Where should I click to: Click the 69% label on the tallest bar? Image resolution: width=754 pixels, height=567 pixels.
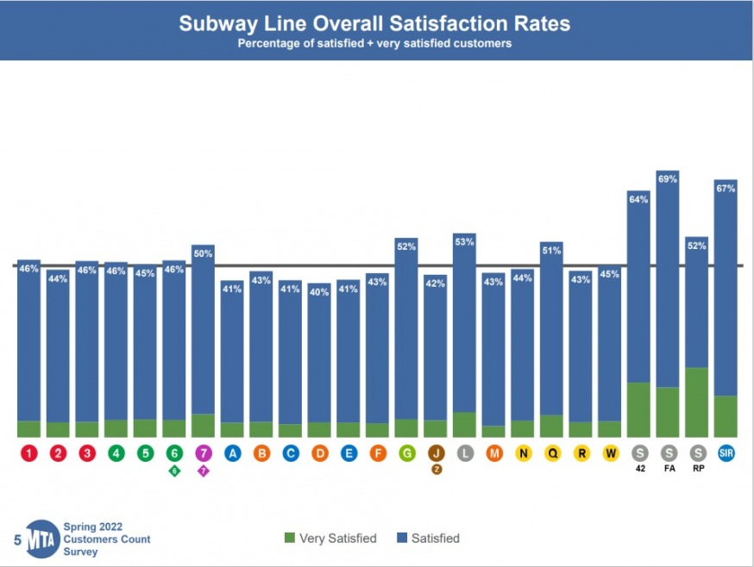(668, 179)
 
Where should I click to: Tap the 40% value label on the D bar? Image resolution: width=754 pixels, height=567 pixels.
(319, 291)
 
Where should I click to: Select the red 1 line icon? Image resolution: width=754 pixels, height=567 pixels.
(29, 452)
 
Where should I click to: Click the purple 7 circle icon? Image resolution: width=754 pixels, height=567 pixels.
(204, 452)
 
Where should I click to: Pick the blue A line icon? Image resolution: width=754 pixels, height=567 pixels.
(232, 452)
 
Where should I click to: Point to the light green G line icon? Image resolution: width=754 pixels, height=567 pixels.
(406, 452)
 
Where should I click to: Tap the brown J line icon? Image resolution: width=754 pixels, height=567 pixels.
(436, 452)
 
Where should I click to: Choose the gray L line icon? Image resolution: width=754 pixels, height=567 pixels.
(465, 452)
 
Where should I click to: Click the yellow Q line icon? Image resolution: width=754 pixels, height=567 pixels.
(552, 452)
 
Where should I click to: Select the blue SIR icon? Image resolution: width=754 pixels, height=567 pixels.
(726, 452)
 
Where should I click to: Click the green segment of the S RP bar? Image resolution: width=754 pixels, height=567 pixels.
(697, 402)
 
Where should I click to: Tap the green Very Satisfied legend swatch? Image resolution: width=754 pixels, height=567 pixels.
(290, 539)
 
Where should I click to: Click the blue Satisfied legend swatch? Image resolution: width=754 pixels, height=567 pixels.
(401, 539)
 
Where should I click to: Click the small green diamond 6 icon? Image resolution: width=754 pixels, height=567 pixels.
(174, 470)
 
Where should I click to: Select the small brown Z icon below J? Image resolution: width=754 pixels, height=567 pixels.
(436, 470)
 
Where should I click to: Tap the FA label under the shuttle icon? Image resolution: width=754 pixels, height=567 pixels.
(668, 470)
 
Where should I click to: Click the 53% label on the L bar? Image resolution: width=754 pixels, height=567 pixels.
(465, 242)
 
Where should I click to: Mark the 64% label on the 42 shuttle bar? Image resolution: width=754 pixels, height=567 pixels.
(639, 200)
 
